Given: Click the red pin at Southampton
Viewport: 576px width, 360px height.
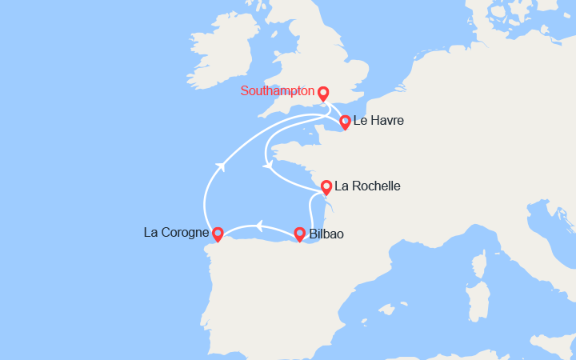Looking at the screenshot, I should click(323, 93).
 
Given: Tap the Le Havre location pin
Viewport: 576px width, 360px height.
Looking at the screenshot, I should click(345, 122).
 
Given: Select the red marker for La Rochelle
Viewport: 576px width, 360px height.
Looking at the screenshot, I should click(326, 187).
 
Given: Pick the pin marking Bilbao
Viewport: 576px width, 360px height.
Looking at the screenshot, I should click(299, 234).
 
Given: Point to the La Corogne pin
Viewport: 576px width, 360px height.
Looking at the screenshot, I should click(217, 234).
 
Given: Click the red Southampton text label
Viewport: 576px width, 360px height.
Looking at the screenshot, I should click(278, 92).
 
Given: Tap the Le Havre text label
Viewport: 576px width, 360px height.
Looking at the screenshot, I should click(378, 122).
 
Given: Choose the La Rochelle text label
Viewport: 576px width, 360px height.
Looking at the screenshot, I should click(367, 186).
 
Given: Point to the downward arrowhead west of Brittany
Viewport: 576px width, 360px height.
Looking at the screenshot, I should click(268, 166).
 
